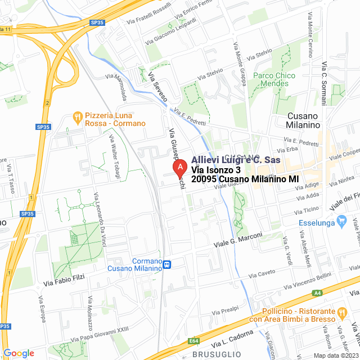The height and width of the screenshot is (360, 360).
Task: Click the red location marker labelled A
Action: pos(179,168)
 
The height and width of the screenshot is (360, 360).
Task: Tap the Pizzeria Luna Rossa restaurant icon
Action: pos(78,117)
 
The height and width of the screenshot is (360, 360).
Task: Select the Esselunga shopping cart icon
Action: pos(341,221)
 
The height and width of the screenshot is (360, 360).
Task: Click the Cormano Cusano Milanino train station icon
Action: pos(167,264)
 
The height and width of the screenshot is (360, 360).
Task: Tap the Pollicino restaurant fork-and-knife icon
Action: pos(341,311)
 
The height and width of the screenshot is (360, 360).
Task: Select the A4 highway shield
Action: pos(318,292)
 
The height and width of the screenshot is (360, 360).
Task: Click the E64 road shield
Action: pos(194,340)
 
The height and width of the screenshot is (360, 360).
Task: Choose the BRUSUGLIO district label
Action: pos(217,354)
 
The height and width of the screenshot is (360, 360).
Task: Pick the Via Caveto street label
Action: pos(263,273)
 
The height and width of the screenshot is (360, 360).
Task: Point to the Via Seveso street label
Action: pos(157,87)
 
